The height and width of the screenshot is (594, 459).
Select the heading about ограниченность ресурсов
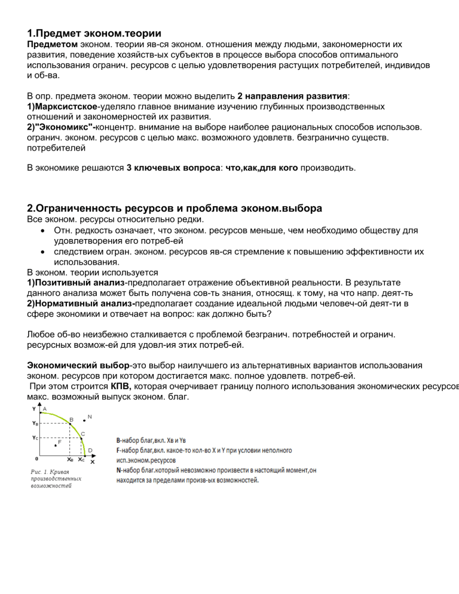coord(175,209)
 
